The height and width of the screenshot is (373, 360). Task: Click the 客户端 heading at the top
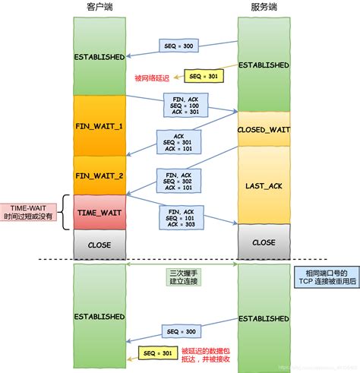(x=99, y=7)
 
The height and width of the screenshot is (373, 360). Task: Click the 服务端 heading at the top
(x=263, y=7)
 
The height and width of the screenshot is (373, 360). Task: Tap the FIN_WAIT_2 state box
(x=99, y=175)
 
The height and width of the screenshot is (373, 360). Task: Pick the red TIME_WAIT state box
(x=99, y=213)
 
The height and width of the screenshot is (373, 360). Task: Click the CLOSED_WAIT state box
(x=263, y=129)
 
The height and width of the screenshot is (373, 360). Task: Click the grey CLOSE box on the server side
(x=263, y=242)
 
